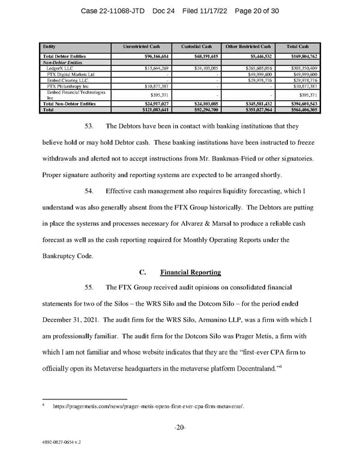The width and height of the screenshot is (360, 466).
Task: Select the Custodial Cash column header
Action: point(197,46)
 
